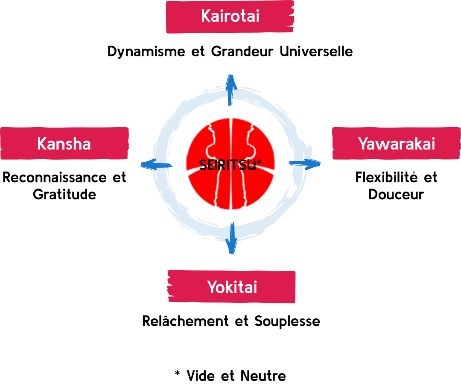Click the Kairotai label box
point(230,17)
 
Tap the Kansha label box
point(64,143)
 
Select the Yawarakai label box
point(397,143)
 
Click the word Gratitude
point(64,195)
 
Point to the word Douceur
point(396,195)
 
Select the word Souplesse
point(287,321)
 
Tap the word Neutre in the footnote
point(263,376)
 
